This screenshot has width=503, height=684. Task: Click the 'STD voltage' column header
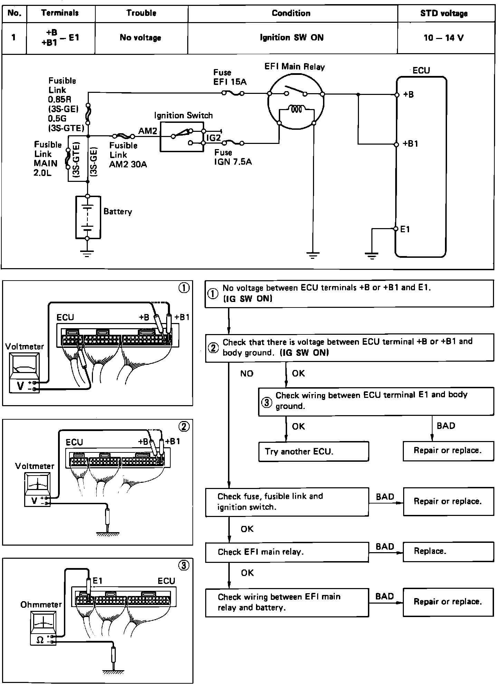point(444,13)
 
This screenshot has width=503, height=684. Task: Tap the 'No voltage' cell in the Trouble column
point(141,38)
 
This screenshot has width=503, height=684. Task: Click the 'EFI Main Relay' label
point(294,67)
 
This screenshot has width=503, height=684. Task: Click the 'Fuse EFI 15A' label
point(230,77)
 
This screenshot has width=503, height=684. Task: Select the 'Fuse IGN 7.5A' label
point(232,157)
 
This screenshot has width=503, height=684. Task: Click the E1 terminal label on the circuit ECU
point(405,229)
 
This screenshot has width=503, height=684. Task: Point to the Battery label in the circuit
point(118,211)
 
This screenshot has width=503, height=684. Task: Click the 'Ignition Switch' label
point(183,115)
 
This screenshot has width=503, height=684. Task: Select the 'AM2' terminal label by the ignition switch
point(148,131)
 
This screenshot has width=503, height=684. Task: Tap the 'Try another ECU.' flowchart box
point(313,451)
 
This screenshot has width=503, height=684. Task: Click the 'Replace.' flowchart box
point(448,551)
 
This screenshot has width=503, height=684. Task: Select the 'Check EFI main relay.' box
point(287,552)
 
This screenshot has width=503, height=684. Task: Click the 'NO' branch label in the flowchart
point(247,373)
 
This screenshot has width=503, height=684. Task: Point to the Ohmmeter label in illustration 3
point(41,605)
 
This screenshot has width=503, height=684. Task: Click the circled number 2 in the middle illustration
point(184,427)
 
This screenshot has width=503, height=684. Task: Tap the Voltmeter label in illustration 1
point(25,346)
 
